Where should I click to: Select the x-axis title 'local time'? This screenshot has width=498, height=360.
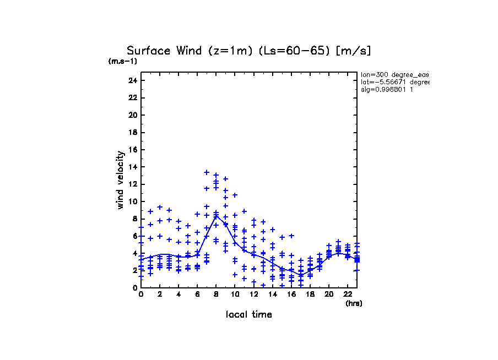click(x=249, y=314)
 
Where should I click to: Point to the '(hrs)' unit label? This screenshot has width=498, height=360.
click(x=354, y=303)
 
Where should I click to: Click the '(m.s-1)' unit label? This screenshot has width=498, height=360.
click(x=123, y=61)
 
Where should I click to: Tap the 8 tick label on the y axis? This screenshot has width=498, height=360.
click(x=134, y=219)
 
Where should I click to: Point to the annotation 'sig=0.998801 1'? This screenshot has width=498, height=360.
click(x=387, y=90)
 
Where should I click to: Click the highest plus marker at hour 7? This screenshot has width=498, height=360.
click(x=207, y=172)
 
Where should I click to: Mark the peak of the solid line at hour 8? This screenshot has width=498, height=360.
click(x=216, y=216)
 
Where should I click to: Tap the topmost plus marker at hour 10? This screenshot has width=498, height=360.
click(x=235, y=195)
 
